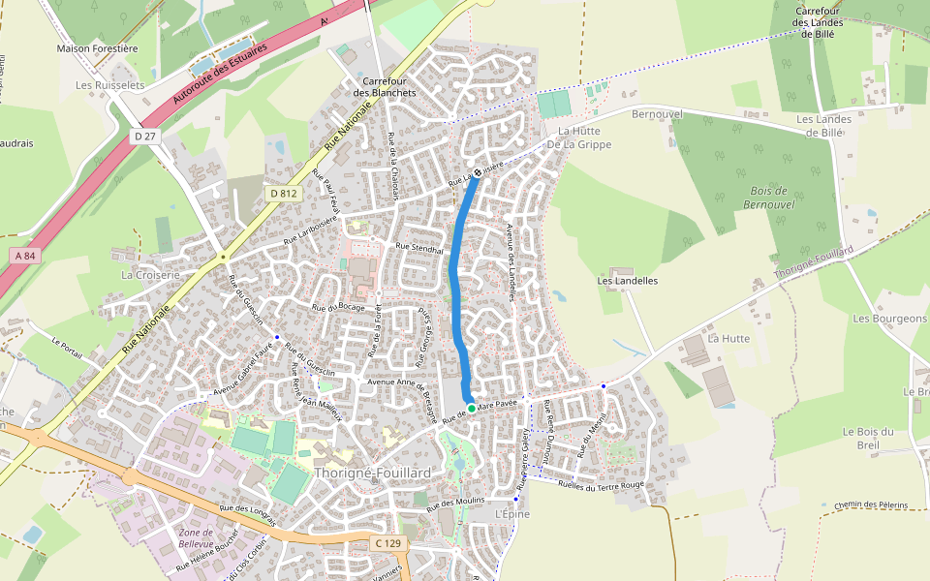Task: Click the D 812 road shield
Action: (x=284, y=194)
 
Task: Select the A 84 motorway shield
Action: (x=25, y=255)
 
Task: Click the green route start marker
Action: (x=472, y=409)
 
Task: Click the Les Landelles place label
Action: (x=628, y=281)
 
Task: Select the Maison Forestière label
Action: (x=98, y=48)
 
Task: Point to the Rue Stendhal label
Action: (x=419, y=248)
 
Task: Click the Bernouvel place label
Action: (x=657, y=114)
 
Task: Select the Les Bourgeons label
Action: (x=889, y=319)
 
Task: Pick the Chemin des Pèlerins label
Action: (x=869, y=505)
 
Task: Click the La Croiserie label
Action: (x=150, y=275)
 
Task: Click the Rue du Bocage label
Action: (x=338, y=307)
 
